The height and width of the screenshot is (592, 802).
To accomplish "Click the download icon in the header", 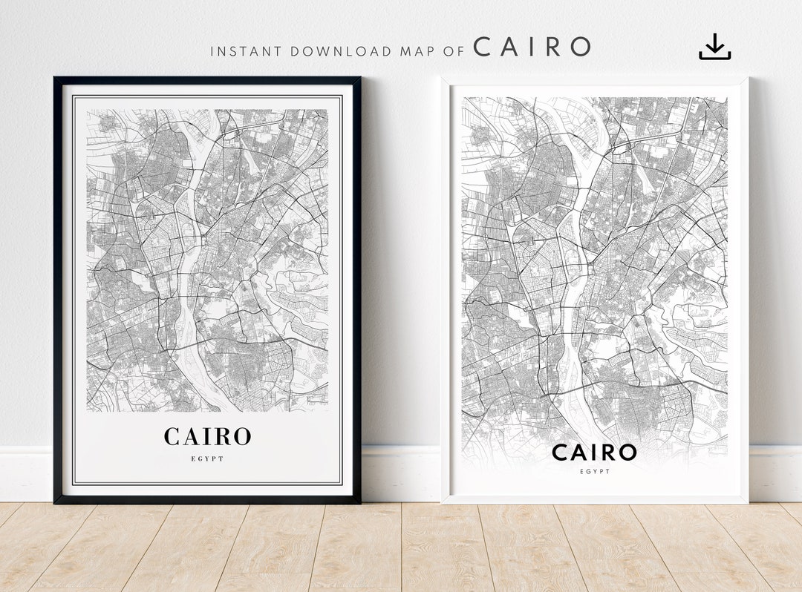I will click(714, 47).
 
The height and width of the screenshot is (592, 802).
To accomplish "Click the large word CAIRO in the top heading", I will click(532, 47).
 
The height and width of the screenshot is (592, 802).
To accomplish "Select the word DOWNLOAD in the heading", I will click(341, 51).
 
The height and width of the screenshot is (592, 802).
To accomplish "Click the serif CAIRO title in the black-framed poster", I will click(207, 436).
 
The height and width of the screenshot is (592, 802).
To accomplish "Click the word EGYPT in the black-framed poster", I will click(207, 458).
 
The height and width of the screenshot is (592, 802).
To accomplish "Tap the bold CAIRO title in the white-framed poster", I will click(594, 452).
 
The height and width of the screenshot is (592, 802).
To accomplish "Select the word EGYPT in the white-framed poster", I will click(594, 471).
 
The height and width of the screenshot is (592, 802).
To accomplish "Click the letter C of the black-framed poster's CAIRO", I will click(172, 436).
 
